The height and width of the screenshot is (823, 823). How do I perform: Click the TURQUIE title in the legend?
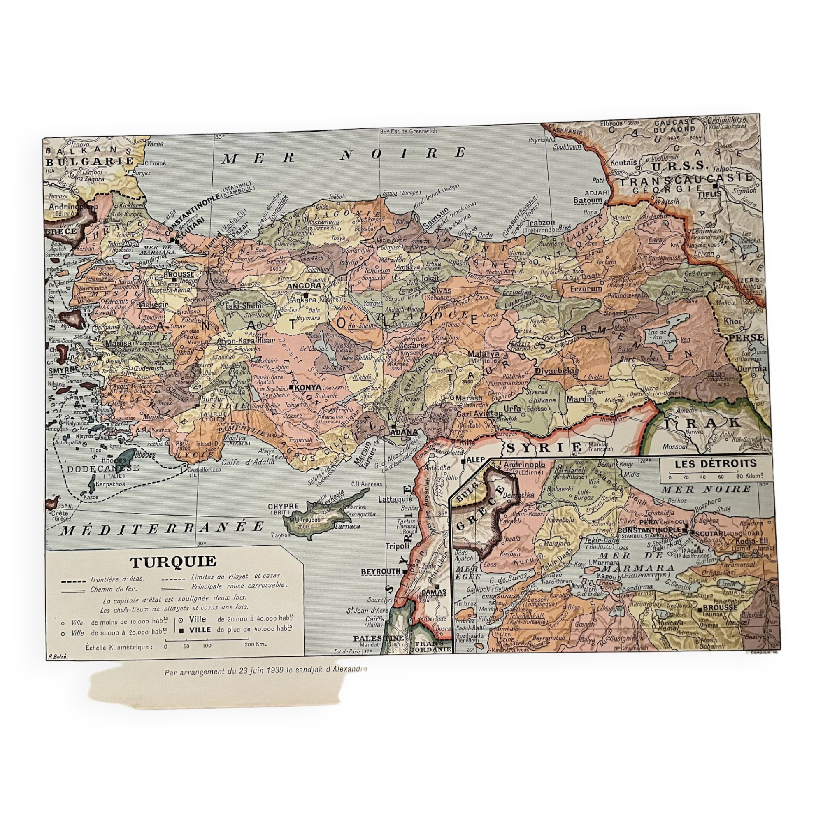(x=173, y=562)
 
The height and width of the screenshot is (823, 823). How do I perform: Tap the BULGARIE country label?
(x=89, y=162)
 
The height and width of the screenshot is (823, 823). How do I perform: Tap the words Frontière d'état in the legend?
(x=117, y=580)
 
